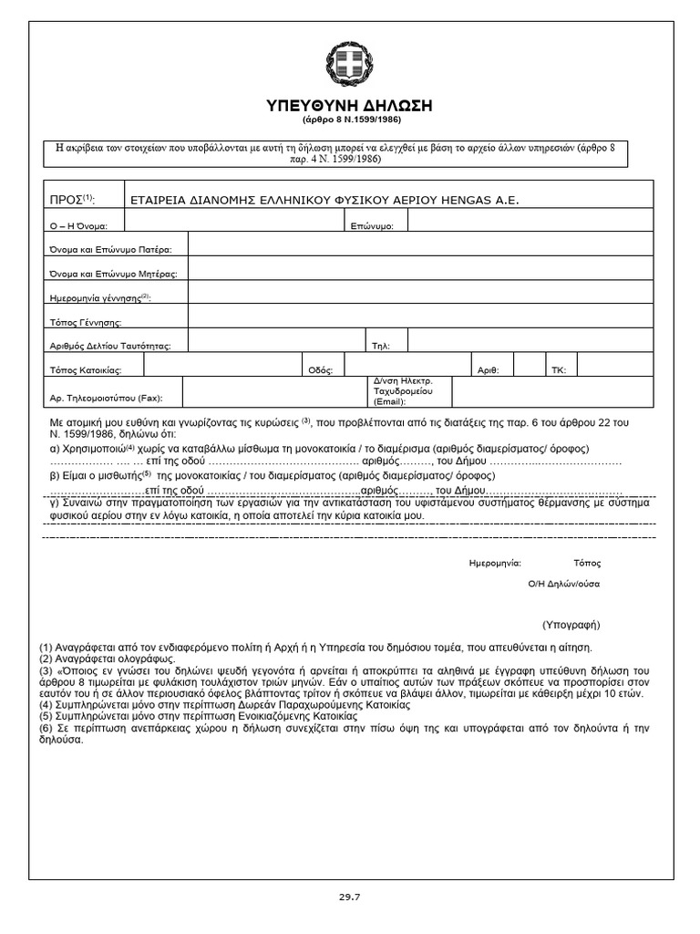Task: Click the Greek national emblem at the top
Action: pyautogui.click(x=349, y=66)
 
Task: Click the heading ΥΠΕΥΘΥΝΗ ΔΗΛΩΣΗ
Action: pyautogui.click(x=349, y=106)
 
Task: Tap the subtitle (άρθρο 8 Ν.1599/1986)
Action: pyautogui.click(x=349, y=120)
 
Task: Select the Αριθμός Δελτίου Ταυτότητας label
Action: pyautogui.click(x=109, y=346)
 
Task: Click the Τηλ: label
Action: pyautogui.click(x=380, y=346)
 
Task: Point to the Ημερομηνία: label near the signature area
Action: pyautogui.click(x=494, y=563)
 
